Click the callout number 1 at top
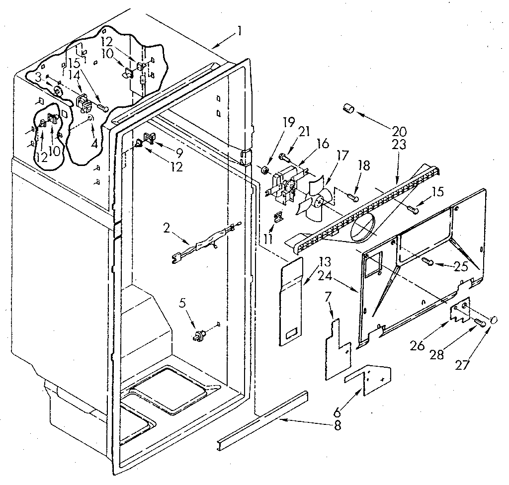click(x=240, y=31)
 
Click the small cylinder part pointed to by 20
click(x=348, y=108)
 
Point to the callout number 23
click(x=399, y=145)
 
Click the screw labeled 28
click(x=480, y=323)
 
